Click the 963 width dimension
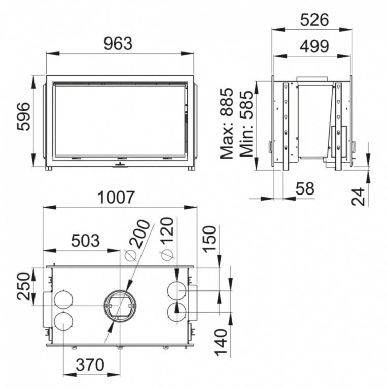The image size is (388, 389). pyautogui.click(x=118, y=44)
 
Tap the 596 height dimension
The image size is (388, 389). pyautogui.click(x=24, y=116)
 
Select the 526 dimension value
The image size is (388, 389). pyautogui.click(x=314, y=20)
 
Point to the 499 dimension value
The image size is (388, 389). pyautogui.click(x=314, y=46)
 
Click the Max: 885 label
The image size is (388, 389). pyautogui.click(x=227, y=123)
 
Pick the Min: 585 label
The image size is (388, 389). pyautogui.click(x=246, y=124)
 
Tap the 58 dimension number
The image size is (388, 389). pyautogui.click(x=305, y=188)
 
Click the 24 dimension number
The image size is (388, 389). pyautogui.click(x=358, y=197)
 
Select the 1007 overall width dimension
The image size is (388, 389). pyautogui.click(x=116, y=197)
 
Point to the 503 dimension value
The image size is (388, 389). pyautogui.click(x=85, y=241)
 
